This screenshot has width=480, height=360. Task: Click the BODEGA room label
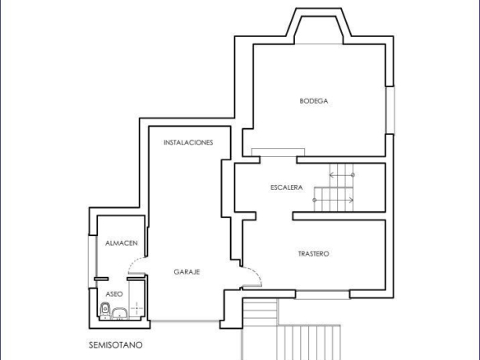(x=314, y=101)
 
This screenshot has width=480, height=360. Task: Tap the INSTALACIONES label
(x=188, y=142)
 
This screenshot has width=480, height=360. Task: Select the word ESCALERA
(x=287, y=187)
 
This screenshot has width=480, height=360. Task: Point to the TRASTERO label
(x=313, y=254)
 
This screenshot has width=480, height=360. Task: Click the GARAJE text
(x=187, y=272)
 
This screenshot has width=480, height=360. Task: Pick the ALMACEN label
(x=122, y=243)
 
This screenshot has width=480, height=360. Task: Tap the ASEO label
(x=114, y=294)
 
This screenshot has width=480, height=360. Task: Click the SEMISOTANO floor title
(x=116, y=345)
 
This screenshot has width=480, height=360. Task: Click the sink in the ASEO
(x=120, y=313)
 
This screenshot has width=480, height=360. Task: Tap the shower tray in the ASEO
(x=136, y=299)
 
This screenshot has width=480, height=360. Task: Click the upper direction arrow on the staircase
(x=342, y=175)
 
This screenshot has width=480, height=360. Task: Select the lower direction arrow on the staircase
(x=333, y=201)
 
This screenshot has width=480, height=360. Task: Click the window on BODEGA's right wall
(x=390, y=110)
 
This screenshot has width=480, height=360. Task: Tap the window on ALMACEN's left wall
(x=92, y=261)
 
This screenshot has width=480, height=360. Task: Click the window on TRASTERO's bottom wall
(x=322, y=294)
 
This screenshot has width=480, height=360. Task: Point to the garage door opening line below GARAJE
(x=185, y=321)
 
